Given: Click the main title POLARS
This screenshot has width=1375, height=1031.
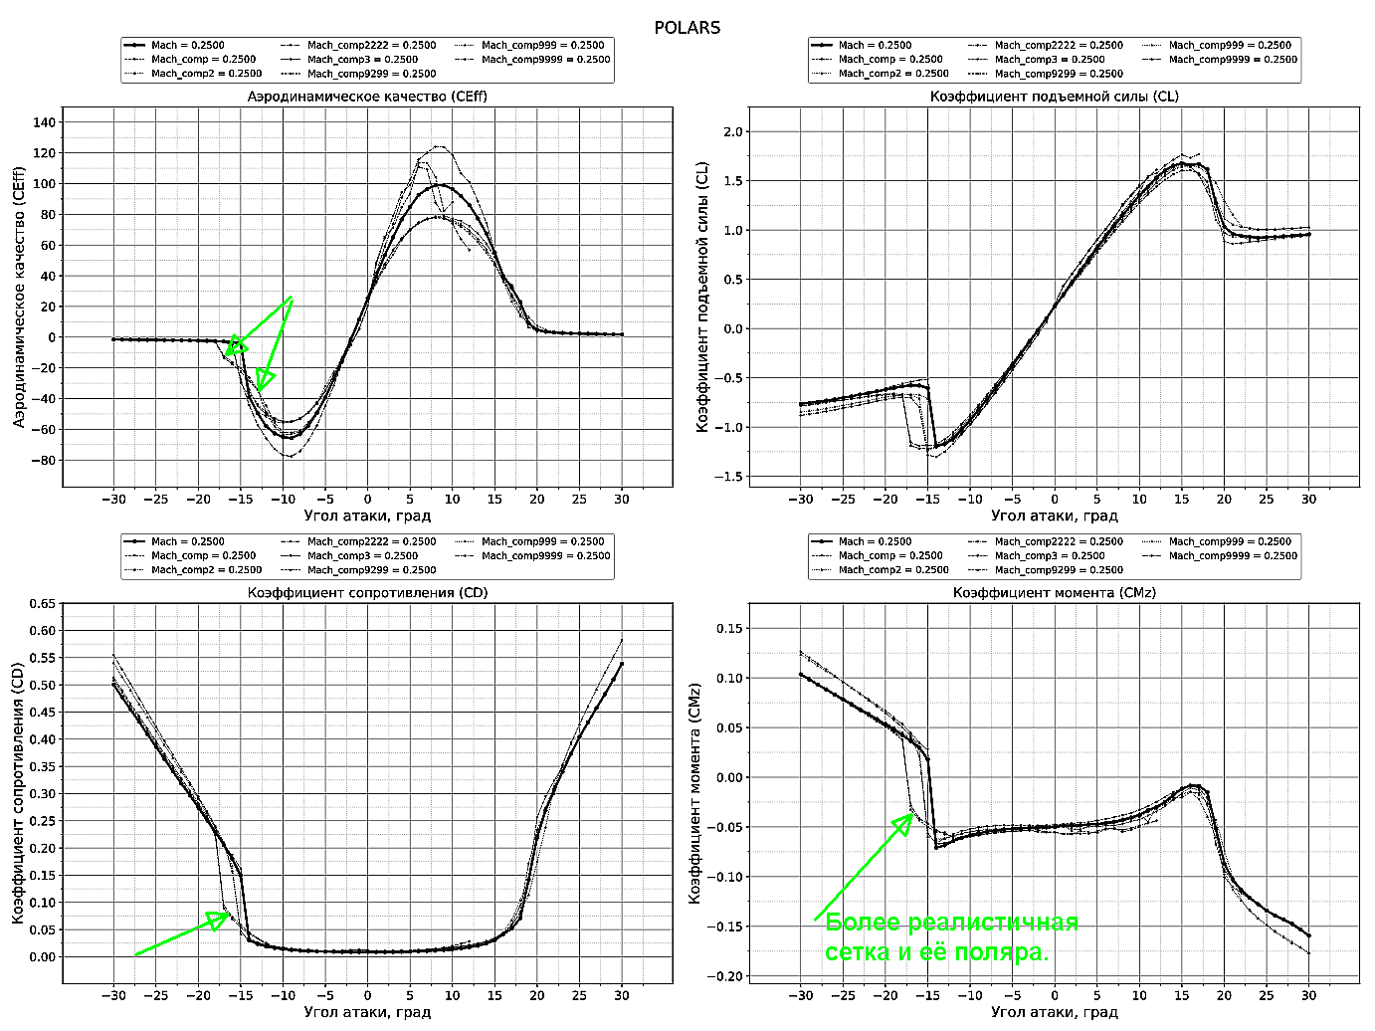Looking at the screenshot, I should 687,27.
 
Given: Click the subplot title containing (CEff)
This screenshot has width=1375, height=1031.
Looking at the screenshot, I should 367,97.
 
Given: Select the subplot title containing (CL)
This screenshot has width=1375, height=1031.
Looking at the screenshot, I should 1055,97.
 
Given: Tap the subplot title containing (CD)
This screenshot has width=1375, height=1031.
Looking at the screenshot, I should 367,592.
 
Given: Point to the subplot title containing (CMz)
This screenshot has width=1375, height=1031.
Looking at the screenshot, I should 1055,592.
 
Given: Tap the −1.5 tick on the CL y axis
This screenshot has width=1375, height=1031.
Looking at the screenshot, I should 731,477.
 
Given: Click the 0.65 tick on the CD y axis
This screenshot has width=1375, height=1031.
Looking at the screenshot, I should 42,603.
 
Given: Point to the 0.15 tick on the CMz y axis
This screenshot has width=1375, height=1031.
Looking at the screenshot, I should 731,628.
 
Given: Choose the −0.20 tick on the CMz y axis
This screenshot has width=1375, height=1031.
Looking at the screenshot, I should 728,976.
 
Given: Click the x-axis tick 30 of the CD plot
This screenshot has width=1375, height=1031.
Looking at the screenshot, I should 622,994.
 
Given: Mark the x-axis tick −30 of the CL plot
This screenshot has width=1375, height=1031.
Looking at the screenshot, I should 800,499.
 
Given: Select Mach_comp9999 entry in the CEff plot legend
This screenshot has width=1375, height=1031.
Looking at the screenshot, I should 543,60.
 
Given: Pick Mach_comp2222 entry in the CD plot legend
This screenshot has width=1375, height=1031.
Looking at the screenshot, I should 371,542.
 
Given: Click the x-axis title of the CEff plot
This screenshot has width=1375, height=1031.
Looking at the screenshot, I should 367,515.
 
